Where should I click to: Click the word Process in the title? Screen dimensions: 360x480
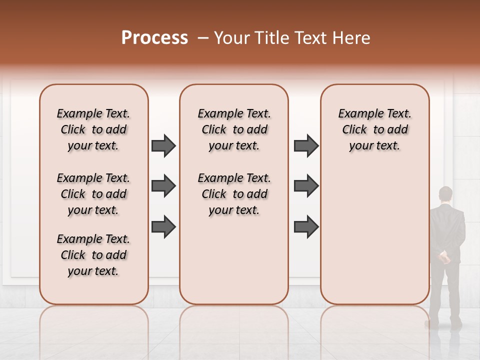154,38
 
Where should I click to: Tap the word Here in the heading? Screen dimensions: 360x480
352,38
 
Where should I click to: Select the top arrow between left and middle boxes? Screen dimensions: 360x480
163,146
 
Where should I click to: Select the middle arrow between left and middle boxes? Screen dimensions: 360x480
163,186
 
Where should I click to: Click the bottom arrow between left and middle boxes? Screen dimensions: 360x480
163,227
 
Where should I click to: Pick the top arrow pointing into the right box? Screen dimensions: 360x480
306,146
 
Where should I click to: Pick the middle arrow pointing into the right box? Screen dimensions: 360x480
306,186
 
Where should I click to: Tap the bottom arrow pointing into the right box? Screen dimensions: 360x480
306,227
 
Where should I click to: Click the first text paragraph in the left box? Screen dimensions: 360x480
93,129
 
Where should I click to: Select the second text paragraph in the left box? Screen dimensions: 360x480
93,194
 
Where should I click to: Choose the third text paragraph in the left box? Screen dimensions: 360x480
93,255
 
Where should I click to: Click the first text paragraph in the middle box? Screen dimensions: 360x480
234,129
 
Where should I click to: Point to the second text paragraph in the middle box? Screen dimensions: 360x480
234,194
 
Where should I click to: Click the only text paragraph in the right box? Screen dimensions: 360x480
374,129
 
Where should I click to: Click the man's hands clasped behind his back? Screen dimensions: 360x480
443,258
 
